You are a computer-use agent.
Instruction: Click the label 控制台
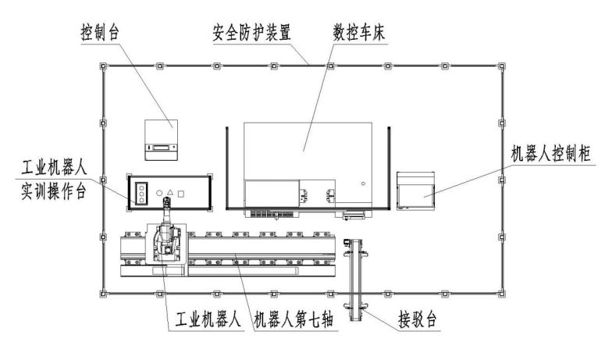pos(100,34)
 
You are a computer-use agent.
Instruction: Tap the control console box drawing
pos(162,138)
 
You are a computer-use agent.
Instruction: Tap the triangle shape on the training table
pos(169,191)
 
